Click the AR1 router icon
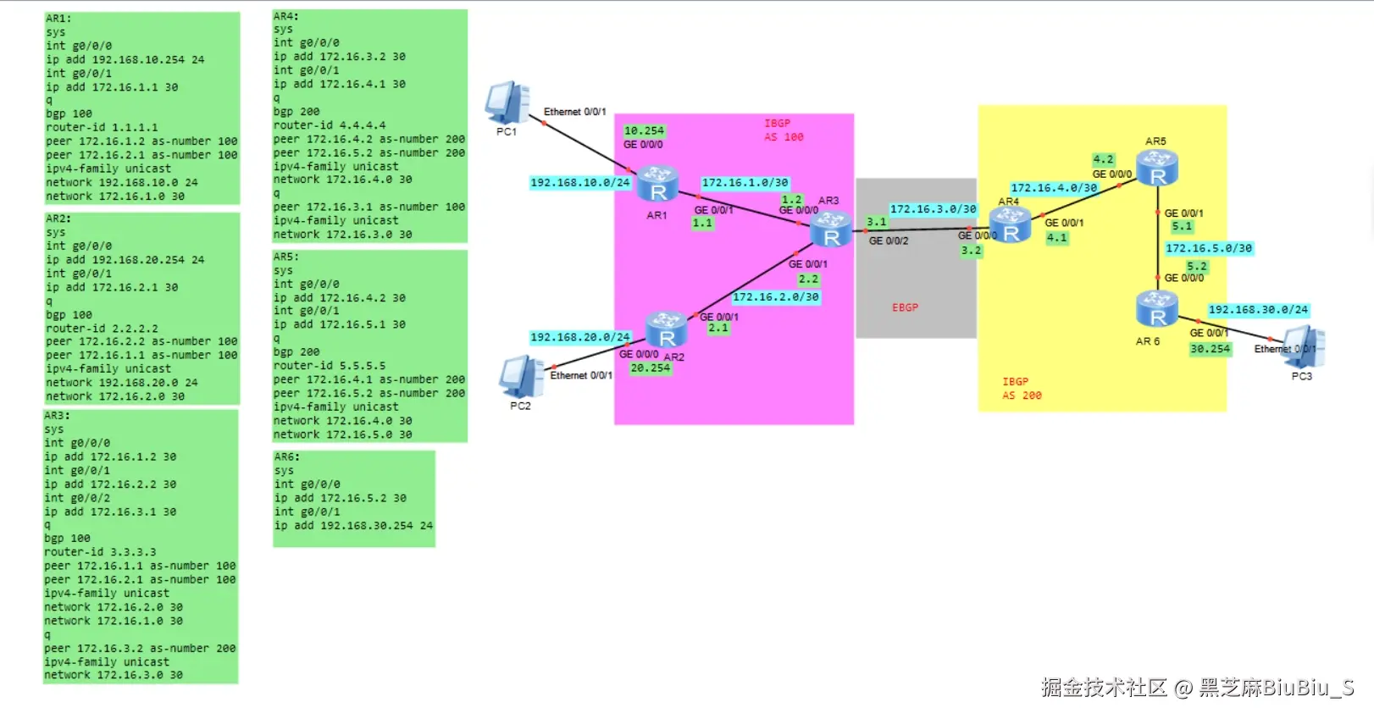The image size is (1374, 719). (x=657, y=184)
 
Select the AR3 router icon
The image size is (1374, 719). (x=831, y=230)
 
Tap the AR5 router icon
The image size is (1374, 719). (x=1157, y=167)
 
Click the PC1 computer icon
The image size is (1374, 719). (x=507, y=103)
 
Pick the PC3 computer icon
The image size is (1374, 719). (x=1305, y=346)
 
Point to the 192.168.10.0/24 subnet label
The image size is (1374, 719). (x=580, y=183)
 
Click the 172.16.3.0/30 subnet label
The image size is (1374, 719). (x=933, y=209)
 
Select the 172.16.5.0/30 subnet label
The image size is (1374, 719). (x=1208, y=248)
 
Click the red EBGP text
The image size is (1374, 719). (x=905, y=307)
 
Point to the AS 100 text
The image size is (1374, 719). (x=784, y=137)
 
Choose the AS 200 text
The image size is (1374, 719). (x=1022, y=395)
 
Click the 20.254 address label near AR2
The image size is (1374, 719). (x=650, y=368)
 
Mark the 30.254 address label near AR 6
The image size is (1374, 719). (x=1210, y=349)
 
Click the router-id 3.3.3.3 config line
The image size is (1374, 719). (x=100, y=552)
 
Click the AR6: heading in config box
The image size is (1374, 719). (x=286, y=456)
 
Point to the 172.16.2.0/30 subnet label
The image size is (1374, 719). (x=775, y=297)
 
